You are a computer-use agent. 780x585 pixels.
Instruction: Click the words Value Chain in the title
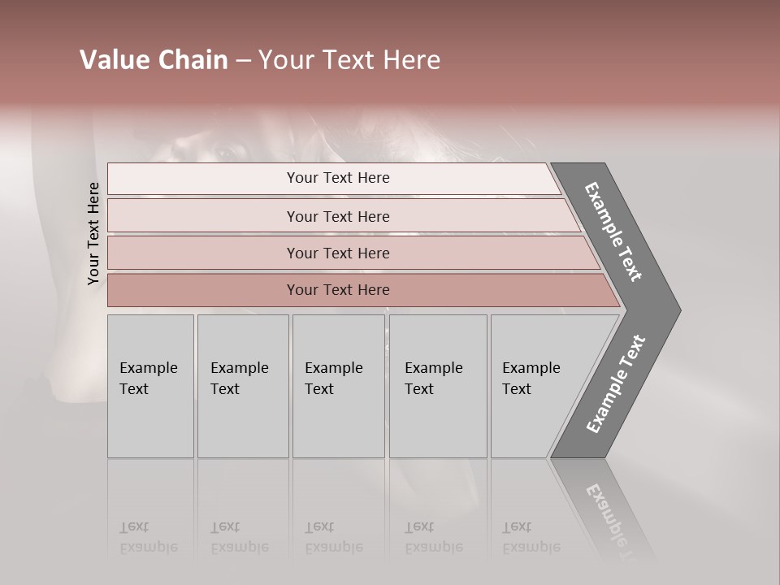tap(154, 60)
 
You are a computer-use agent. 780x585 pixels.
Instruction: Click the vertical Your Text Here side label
tap(93, 233)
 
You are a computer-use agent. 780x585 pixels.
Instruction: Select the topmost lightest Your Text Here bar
tap(337, 178)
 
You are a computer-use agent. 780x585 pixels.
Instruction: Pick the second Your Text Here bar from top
tap(337, 216)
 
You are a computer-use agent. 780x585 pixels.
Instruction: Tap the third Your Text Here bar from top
tap(337, 253)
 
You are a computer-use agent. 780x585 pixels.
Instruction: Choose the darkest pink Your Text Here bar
tap(337, 290)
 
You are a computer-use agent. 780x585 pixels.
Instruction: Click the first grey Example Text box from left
tap(150, 385)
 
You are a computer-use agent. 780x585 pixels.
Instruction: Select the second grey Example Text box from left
tap(242, 385)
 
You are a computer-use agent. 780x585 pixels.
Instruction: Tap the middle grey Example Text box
tap(337, 385)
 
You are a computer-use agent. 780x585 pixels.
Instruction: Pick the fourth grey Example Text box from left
tap(437, 385)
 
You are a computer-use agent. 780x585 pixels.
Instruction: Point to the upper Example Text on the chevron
tap(613, 232)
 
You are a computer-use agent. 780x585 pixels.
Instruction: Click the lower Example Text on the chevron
tap(616, 383)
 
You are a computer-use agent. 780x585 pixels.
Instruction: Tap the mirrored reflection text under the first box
tap(147, 537)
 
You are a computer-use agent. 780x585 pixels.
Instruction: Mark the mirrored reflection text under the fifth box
tap(531, 537)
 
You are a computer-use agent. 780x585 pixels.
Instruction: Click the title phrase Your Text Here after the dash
tap(349, 60)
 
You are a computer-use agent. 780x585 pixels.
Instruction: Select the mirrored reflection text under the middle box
tap(333, 537)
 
